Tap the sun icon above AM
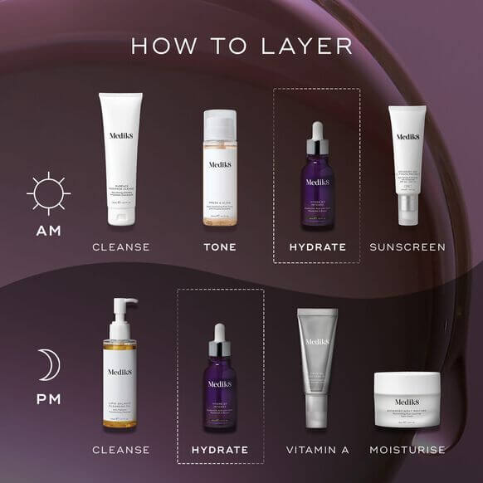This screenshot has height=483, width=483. pyautogui.click(x=49, y=193)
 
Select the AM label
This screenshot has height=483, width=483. pyautogui.click(x=49, y=231)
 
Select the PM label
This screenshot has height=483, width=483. pyautogui.click(x=49, y=399)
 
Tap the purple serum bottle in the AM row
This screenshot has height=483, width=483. pyautogui.click(x=317, y=178)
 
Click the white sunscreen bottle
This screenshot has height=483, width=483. pyautogui.click(x=407, y=166)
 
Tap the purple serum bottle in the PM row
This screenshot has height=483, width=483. pyautogui.click(x=220, y=382)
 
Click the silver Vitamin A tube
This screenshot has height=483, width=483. pyautogui.click(x=318, y=365)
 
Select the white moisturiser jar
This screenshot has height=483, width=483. pyautogui.click(x=407, y=398)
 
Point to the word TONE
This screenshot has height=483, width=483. pyautogui.click(x=220, y=247)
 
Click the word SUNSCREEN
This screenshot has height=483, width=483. pyautogui.click(x=407, y=247)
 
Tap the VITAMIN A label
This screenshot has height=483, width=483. pyautogui.click(x=318, y=450)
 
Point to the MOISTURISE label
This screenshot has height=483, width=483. pyautogui.click(x=407, y=450)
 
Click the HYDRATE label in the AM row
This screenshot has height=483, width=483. pyautogui.click(x=317, y=247)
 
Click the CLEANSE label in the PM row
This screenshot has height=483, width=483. pyautogui.click(x=121, y=450)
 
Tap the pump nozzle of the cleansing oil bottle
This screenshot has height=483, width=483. pyautogui.click(x=124, y=304)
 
